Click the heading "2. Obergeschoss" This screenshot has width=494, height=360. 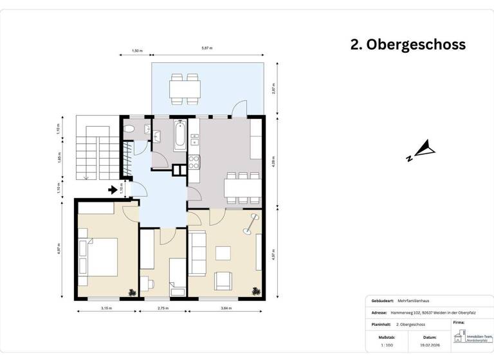pyautogui.click(x=408, y=44)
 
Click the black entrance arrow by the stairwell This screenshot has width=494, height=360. pyautogui.click(x=113, y=190)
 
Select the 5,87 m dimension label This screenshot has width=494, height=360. pyautogui.click(x=207, y=49)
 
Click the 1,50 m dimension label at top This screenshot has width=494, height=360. pyautogui.click(x=136, y=50)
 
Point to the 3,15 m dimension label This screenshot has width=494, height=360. pyautogui.click(x=106, y=309)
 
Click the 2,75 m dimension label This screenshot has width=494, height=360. pyautogui.click(x=163, y=309)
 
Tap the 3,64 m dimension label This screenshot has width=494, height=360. pyautogui.click(x=225, y=309)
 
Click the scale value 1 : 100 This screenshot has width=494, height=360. pyautogui.click(x=386, y=345)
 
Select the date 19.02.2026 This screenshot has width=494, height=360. pyautogui.click(x=430, y=345)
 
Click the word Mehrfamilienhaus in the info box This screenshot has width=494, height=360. pyautogui.click(x=419, y=300)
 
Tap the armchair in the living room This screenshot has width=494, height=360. pyautogui.click(x=224, y=280)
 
